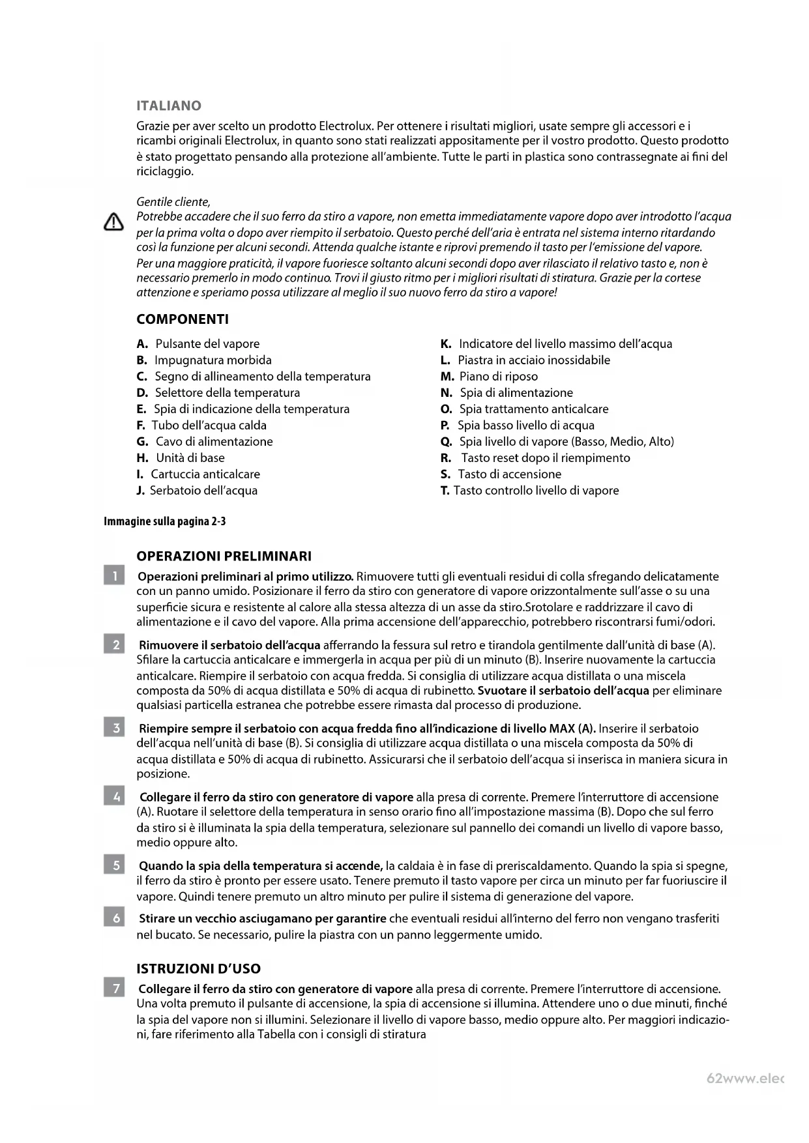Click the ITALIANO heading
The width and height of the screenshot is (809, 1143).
169,106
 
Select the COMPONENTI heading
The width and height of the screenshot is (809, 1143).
183,319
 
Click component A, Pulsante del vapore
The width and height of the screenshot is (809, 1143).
198,344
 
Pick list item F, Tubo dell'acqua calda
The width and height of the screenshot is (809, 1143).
201,426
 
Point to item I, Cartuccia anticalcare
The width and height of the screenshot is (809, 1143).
198,474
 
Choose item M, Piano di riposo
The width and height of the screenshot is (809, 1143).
490,377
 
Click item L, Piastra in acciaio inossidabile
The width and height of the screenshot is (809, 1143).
525,360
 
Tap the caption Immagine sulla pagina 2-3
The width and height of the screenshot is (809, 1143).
165,521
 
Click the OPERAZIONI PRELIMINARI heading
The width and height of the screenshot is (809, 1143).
224,557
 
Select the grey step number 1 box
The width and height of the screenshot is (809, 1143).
115,576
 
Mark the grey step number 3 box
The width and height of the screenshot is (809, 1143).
115,728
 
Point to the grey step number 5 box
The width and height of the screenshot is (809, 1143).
115,865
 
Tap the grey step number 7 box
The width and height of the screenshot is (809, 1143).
115,989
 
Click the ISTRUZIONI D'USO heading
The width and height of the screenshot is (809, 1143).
198,969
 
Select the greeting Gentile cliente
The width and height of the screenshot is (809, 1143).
173,202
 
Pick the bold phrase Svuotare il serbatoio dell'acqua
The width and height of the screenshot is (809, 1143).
563,691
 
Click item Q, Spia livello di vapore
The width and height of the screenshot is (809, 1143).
557,442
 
